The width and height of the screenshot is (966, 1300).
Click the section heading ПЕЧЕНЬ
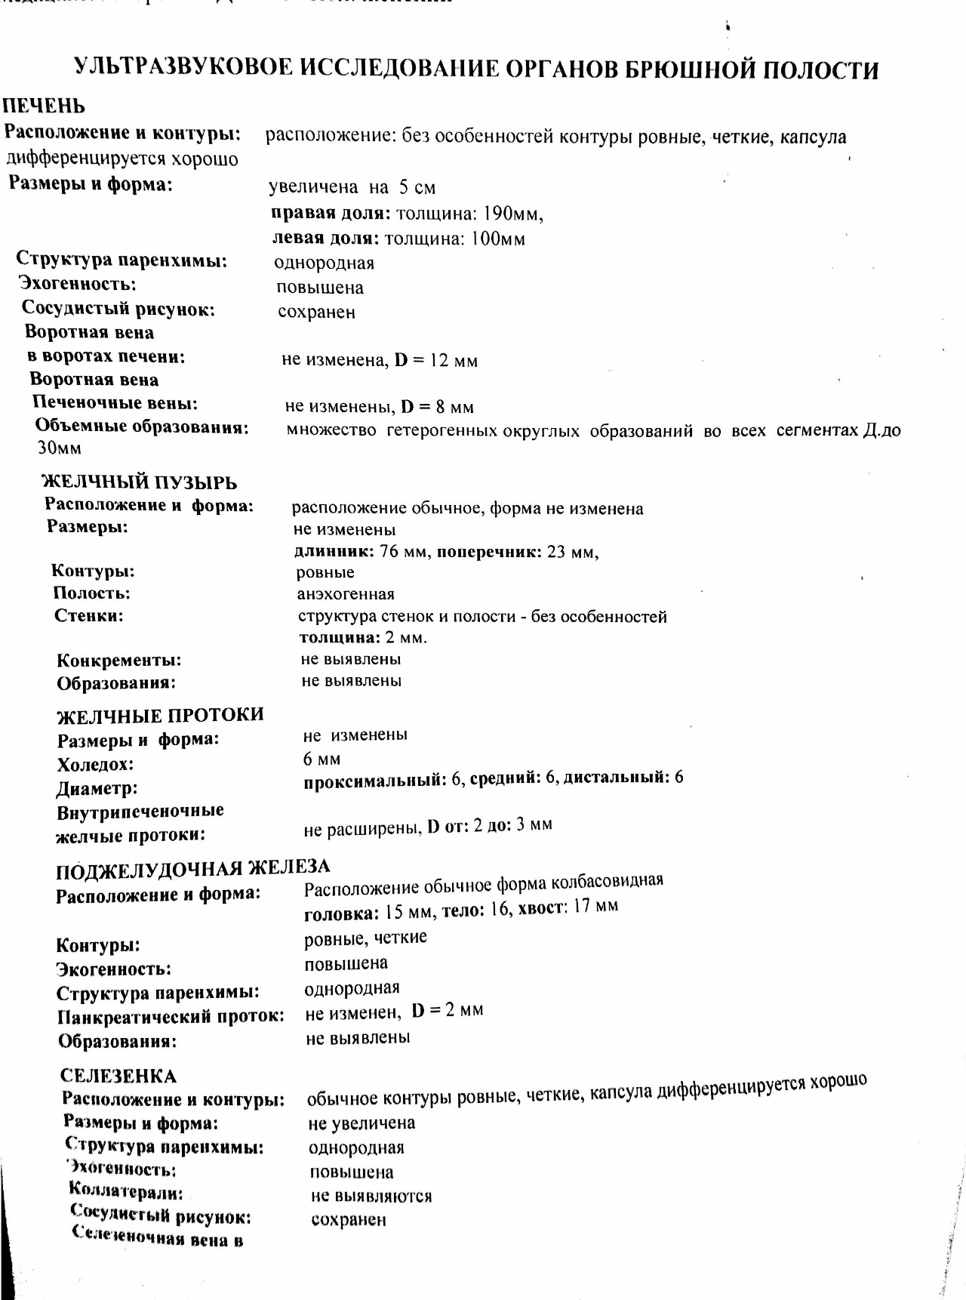click(x=44, y=106)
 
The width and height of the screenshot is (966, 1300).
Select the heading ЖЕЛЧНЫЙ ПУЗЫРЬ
click(x=139, y=482)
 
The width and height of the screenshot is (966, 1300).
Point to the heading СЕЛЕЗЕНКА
click(x=118, y=1076)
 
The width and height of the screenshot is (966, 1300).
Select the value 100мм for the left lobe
click(x=498, y=239)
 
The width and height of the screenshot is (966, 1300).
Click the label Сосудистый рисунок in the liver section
click(x=118, y=309)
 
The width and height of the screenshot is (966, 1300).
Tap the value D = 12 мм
click(x=436, y=361)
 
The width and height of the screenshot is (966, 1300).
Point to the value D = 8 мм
click(x=437, y=408)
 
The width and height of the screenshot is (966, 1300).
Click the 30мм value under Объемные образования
click(x=60, y=448)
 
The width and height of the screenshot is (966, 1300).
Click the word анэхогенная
click(x=346, y=594)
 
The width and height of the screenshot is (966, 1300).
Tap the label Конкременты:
click(x=119, y=661)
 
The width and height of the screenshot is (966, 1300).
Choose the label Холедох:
click(x=95, y=765)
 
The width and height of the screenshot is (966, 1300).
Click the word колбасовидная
click(x=607, y=882)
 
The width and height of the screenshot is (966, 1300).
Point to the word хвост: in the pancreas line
click(x=542, y=907)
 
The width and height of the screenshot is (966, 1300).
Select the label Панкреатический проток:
click(x=171, y=1017)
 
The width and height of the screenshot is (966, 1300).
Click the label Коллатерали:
click(x=125, y=1193)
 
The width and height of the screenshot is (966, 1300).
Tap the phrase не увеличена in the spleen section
click(x=361, y=1123)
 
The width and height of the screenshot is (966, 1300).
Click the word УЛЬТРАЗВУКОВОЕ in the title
click(x=183, y=68)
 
